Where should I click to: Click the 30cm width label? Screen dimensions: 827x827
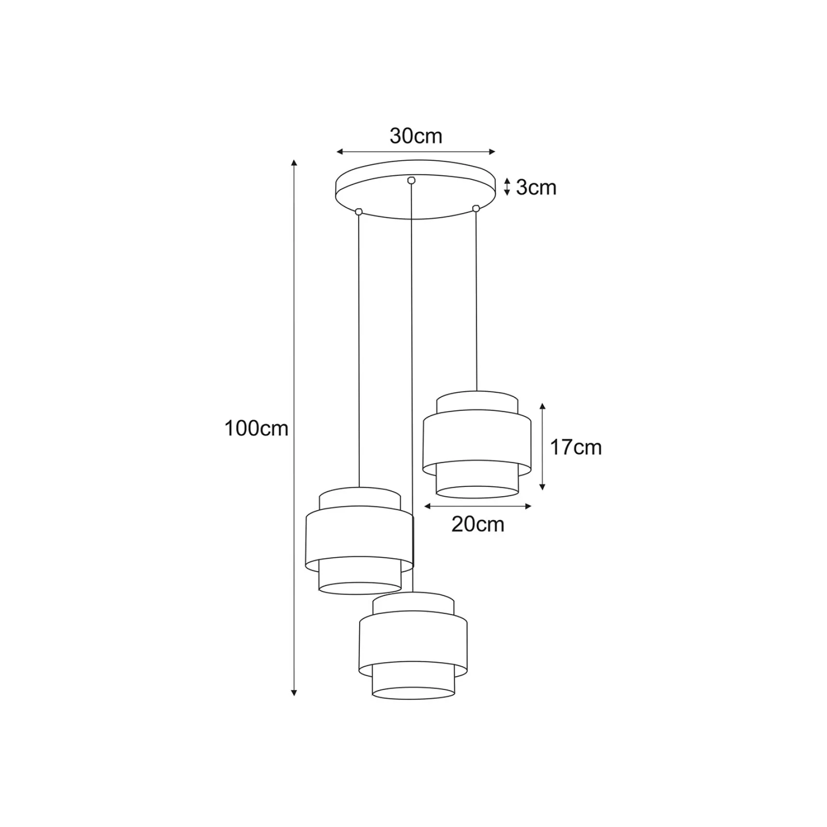416,136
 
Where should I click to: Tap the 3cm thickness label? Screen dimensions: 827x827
536,187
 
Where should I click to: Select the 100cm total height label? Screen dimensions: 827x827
256,428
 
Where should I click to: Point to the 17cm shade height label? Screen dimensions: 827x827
575,447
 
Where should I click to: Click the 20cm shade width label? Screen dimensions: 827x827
478,524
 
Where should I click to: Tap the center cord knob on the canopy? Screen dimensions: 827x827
411,180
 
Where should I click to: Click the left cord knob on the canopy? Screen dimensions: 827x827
359,211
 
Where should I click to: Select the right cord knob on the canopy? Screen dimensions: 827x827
476,208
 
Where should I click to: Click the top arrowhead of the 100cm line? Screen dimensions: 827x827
294,162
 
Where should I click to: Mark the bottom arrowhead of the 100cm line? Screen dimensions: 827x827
294,693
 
